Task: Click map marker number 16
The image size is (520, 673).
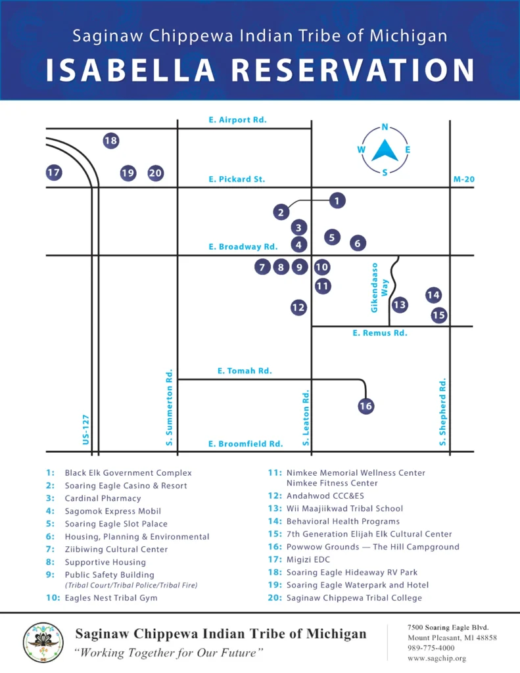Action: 366,406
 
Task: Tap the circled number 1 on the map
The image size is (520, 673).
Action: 337,200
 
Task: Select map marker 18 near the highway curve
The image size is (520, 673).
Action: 111,141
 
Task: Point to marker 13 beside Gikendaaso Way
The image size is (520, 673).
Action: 399,305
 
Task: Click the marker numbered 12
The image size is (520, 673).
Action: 298,308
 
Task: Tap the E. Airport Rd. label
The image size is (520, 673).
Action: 237,120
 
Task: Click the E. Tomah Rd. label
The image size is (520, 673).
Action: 245,371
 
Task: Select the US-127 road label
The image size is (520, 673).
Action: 86,430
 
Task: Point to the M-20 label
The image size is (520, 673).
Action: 463,179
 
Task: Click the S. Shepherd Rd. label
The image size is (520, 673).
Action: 442,412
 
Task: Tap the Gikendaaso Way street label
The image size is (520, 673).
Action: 379,288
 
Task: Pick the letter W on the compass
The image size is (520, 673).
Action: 362,149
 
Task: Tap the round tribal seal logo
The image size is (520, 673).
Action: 43,643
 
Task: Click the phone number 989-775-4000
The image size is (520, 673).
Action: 431,648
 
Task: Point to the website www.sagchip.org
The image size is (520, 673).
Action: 437,659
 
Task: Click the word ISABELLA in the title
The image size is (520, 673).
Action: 130,70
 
